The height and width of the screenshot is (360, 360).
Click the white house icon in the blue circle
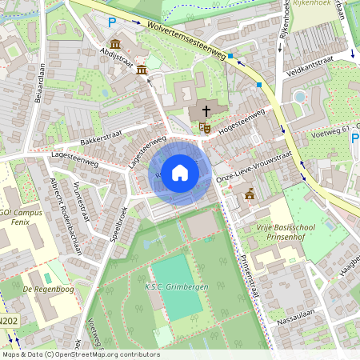coord(180,173)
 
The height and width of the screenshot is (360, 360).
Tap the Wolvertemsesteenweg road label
coord(185,38)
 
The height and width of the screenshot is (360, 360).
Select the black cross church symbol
coord(206,111)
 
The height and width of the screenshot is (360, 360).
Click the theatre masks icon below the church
coord(206,126)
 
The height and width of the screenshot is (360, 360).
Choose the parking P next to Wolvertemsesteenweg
coord(112,23)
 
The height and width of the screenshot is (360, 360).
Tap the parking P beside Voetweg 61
coord(354,138)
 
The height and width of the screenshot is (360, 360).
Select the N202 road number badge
coord(8,322)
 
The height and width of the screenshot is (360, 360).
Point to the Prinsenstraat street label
coord(250,274)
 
